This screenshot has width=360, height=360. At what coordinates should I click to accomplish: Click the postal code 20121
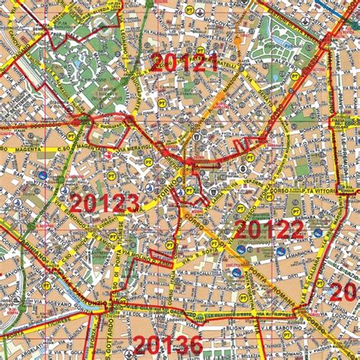184,62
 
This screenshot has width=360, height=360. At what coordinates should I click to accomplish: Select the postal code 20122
269,229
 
